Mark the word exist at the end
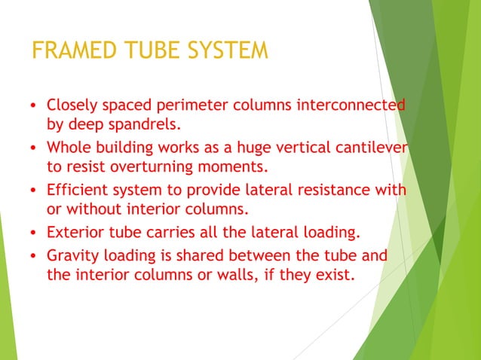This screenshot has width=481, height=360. tap(334, 275)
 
